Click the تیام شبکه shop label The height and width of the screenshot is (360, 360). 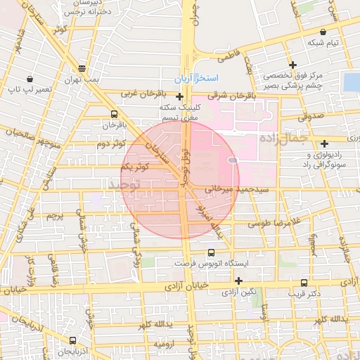[x=323, y=43]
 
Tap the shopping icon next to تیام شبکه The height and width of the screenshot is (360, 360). [x=323, y=32]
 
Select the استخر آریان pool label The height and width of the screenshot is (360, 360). [x=198, y=76]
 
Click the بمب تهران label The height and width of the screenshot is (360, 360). [x=83, y=80]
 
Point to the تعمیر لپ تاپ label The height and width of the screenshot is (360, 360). [x=30, y=89]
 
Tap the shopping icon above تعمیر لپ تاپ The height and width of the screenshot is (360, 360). [x=30, y=78]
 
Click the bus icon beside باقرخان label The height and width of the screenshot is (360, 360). [x=114, y=113]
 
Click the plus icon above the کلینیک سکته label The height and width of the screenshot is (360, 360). [x=180, y=97]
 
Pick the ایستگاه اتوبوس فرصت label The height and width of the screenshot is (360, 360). [x=212, y=262]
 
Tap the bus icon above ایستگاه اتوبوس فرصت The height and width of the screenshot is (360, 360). [x=212, y=252]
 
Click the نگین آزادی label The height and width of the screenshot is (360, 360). [x=240, y=291]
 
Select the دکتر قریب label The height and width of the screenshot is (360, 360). [x=304, y=293]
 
